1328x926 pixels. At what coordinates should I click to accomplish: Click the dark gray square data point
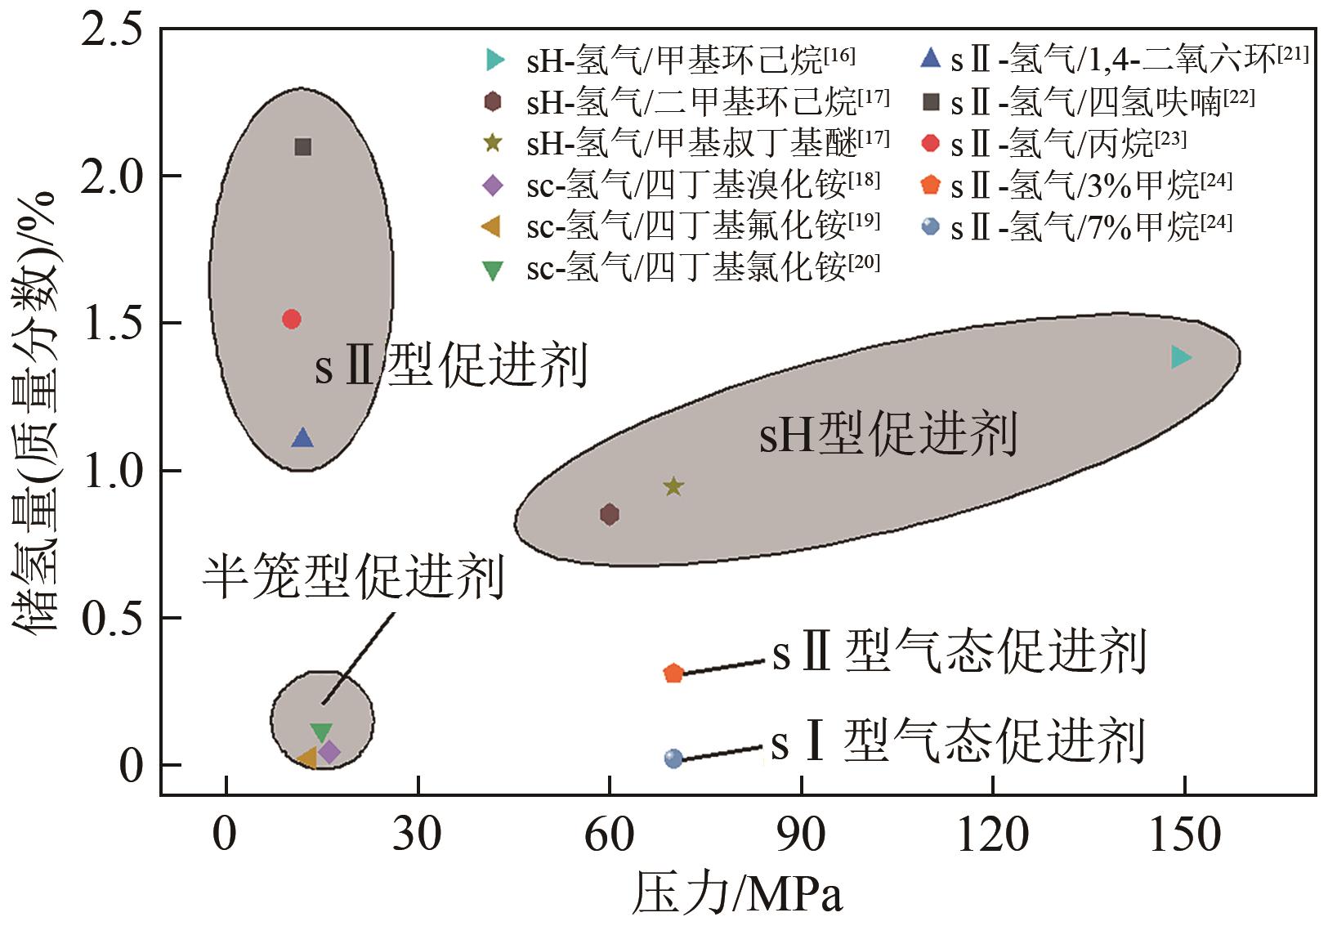coord(303,147)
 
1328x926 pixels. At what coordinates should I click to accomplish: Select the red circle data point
coord(292,319)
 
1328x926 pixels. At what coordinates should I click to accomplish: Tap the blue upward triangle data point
coord(303,438)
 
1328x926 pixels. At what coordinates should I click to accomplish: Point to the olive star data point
coord(673,487)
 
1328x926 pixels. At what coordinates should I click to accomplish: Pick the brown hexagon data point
coord(610,514)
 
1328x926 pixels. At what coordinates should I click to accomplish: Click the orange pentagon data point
coord(673,673)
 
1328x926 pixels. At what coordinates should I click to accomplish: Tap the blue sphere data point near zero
coord(673,758)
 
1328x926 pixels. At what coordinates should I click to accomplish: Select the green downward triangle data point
coord(322,732)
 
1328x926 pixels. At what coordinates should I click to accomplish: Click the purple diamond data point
coord(329,752)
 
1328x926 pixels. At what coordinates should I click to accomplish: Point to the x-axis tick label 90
coord(802,836)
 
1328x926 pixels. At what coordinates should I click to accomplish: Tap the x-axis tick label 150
coord(1184,836)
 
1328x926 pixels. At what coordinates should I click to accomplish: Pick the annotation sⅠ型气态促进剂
coord(957,742)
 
